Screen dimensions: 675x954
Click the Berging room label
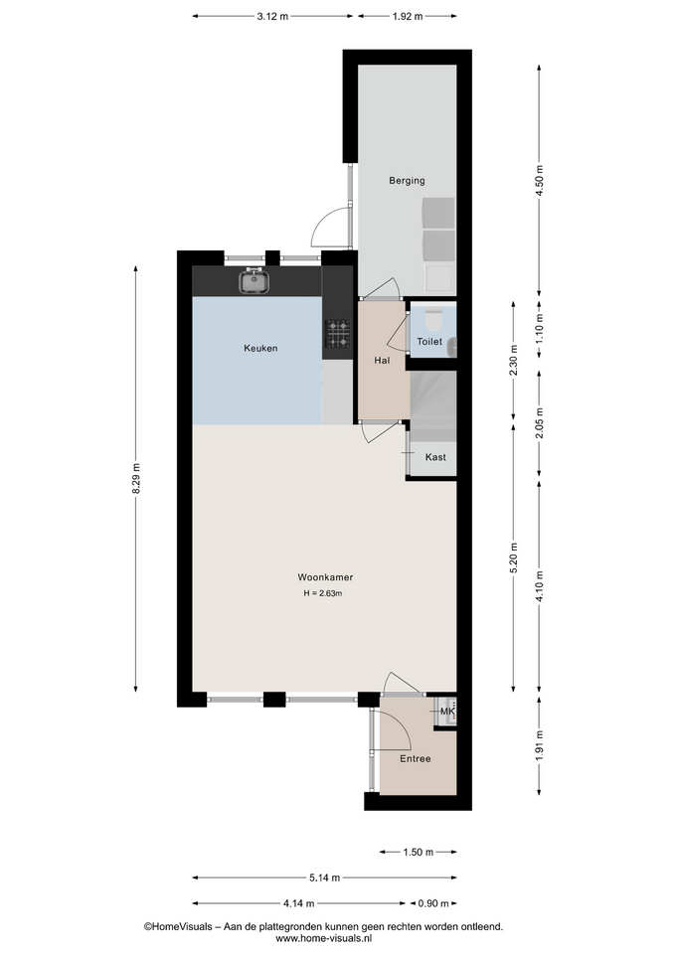(407, 181)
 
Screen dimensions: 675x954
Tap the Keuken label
(260, 348)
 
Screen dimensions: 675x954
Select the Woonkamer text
(325, 577)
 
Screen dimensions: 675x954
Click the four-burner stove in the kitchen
(337, 335)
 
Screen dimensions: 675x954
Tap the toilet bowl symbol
(432, 318)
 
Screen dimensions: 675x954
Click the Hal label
(382, 360)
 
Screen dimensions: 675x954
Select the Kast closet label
(435, 457)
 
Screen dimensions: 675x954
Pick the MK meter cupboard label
(447, 712)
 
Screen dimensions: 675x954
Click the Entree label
(416, 758)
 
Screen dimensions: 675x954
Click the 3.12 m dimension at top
(272, 17)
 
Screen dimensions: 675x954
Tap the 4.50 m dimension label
(539, 180)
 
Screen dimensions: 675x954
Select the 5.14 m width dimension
(324, 877)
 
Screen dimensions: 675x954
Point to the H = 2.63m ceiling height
(322, 593)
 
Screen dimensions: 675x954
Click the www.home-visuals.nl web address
(323, 939)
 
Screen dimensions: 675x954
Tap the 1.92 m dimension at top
(407, 17)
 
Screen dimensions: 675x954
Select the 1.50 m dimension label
(419, 852)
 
